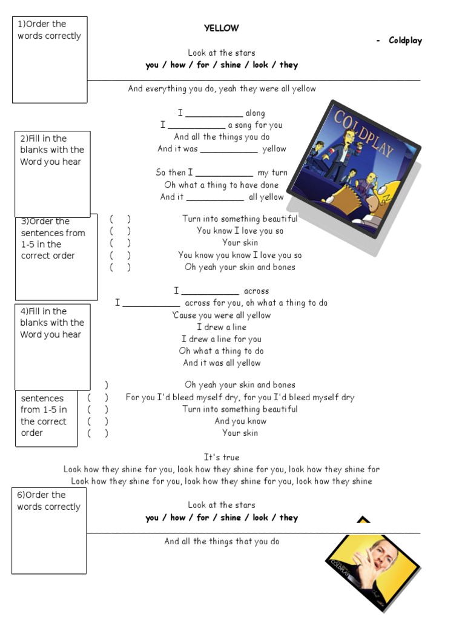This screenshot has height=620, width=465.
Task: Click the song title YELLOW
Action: pyautogui.click(x=221, y=28)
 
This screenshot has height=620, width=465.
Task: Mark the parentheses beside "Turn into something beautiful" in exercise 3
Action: pyautogui.click(x=120, y=219)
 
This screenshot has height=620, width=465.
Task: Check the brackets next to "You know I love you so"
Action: pyautogui.click(x=120, y=231)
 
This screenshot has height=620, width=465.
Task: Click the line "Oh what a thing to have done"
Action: pyautogui.click(x=222, y=185)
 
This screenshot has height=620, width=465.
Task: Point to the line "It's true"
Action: pyautogui.click(x=222, y=457)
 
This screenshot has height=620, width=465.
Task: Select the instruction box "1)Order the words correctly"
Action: pyautogui.click(x=50, y=59)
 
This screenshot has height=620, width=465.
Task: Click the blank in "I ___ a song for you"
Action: pyautogui.click(x=196, y=126)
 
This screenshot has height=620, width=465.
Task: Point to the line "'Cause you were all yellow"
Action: pyautogui.click(x=222, y=315)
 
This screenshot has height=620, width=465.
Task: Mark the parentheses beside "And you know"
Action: pyautogui.click(x=97, y=421)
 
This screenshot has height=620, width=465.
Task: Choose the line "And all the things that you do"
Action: pyautogui.click(x=222, y=541)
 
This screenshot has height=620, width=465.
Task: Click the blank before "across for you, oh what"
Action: pyautogui.click(x=151, y=303)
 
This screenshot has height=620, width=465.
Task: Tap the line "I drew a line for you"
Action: pyautogui.click(x=222, y=339)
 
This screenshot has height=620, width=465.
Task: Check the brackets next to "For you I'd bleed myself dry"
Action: pyautogui.click(x=97, y=398)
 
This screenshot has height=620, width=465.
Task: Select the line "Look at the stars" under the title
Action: pyautogui.click(x=222, y=53)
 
